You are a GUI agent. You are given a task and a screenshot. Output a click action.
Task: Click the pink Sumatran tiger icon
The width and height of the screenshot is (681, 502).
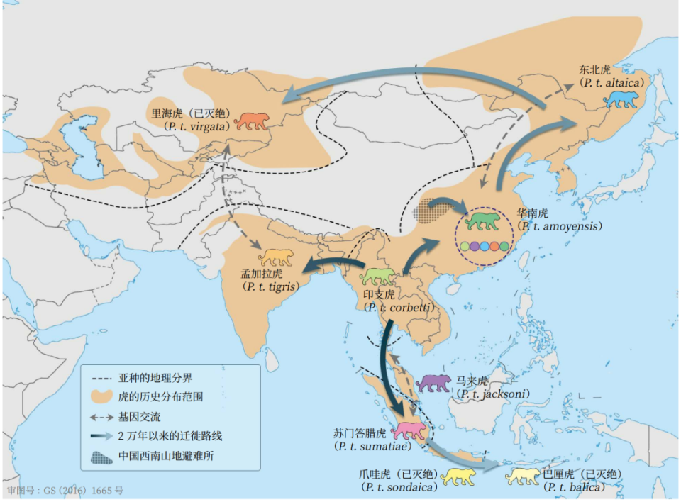(411, 430)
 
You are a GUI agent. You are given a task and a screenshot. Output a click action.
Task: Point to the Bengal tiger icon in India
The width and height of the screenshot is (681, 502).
(275, 257)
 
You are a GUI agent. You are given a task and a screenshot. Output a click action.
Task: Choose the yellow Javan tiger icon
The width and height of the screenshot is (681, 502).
(459, 477)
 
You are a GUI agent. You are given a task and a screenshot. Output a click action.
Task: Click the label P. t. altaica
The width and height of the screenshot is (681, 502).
(613, 83)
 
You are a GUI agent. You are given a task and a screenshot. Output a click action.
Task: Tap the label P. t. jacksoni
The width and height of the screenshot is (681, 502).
(494, 394)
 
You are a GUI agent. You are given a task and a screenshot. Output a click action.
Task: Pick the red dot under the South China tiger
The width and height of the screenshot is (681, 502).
(494, 247)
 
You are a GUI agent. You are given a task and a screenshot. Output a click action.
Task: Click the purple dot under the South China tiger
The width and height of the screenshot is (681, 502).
(474, 247)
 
